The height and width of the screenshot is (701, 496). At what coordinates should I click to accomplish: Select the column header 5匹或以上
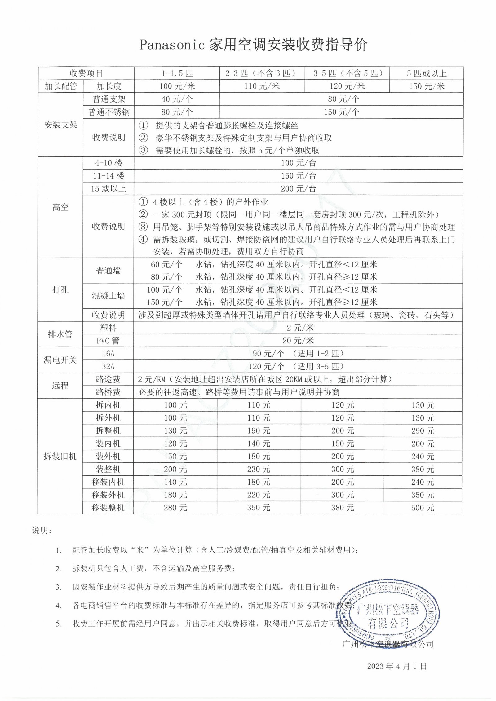[x=427, y=73]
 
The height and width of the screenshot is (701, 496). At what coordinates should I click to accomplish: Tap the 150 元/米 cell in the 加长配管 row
[x=427, y=86]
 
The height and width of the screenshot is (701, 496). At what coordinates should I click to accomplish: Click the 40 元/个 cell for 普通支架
[x=177, y=99]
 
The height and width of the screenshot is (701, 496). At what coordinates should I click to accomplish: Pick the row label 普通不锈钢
[x=109, y=112]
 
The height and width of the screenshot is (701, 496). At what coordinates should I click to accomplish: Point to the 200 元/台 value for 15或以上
[x=298, y=189]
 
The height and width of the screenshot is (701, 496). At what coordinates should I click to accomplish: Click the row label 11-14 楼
[x=108, y=176]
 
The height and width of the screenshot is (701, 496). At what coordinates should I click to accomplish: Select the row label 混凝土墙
[x=108, y=296]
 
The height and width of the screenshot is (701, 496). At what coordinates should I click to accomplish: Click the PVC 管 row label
[x=108, y=341]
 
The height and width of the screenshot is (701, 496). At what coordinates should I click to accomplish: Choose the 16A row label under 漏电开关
[x=108, y=354]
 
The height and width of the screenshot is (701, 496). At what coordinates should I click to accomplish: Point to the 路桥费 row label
[x=108, y=392]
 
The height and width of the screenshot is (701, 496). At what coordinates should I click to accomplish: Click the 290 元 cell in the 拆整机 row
[x=423, y=431]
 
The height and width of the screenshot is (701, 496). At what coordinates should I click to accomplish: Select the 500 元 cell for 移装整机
[x=423, y=508]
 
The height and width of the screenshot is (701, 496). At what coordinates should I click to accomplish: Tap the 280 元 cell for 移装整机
[x=175, y=508]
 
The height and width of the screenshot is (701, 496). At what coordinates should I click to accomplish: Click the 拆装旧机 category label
[x=60, y=456]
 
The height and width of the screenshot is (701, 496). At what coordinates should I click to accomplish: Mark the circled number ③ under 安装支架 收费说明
[x=143, y=151]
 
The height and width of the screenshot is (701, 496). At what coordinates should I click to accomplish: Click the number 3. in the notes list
[x=59, y=587]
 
